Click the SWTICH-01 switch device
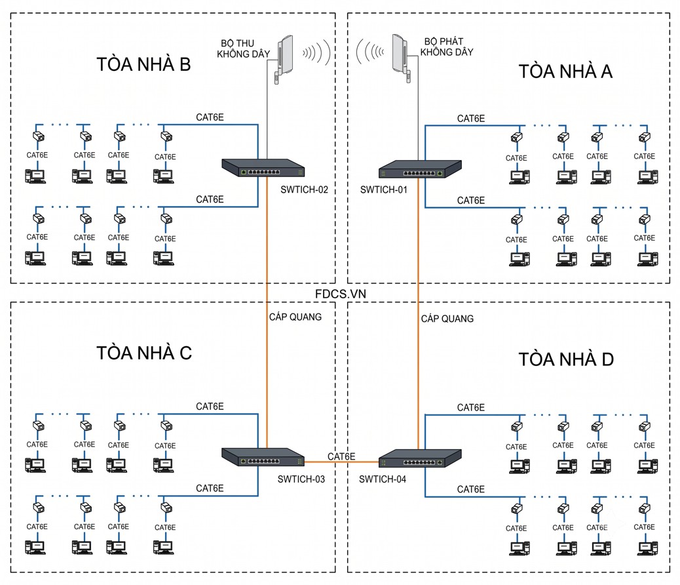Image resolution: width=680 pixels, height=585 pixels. point(420,169)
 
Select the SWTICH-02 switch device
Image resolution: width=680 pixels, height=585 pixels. point(263,168)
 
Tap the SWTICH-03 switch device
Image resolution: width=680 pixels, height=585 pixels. point(263,457)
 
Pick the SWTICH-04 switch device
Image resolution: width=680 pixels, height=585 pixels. point(420,458)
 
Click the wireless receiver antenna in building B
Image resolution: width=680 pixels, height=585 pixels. point(284,58)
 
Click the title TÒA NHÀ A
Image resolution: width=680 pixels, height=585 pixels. point(565,71)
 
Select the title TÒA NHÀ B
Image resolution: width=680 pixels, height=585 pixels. point(143,64)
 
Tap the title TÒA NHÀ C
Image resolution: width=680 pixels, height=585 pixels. point(144,353)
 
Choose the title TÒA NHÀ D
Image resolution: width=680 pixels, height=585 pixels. point(567,359)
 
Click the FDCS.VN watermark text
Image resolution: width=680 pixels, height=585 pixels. point(341,294)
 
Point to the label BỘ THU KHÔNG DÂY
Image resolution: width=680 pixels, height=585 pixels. point(243,49)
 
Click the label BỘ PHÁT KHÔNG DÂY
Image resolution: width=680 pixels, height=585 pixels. point(447,47)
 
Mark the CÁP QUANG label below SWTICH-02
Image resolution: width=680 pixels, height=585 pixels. point(295,317)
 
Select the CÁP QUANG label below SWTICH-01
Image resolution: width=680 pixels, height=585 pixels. point(447,319)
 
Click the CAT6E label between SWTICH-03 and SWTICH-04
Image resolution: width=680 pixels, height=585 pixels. point(341,456)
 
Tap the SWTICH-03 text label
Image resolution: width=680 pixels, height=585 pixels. point(301,479)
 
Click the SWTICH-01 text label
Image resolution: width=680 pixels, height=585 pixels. point(384,190)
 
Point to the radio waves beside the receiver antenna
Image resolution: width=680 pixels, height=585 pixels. point(316,52)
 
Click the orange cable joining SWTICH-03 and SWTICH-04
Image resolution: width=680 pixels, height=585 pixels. point(341,462)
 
